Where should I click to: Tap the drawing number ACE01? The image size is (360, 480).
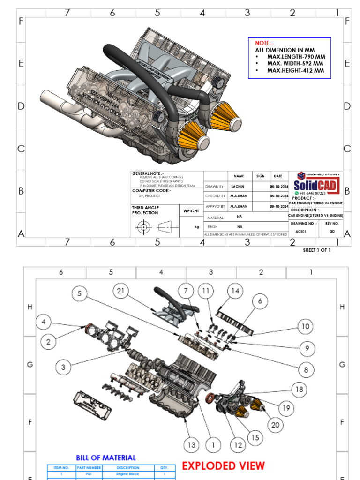tap(300, 231)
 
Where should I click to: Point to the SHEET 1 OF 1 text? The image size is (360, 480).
tap(316, 250)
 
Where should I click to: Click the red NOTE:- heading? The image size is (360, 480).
tap(264, 43)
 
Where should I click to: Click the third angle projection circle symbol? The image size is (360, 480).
tap(144, 227)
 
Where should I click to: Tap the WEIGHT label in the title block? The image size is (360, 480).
tap(191, 211)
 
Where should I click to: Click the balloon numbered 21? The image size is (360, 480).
tap(121, 291)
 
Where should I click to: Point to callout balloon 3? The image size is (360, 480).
tap(63, 366)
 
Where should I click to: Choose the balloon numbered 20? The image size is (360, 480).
tap(276, 425)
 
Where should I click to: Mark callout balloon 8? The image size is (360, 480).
tap(306, 370)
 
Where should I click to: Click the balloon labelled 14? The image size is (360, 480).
tap(235, 291)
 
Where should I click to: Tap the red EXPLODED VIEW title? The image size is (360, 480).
tap(223, 466)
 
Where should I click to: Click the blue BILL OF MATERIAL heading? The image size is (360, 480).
tap(106, 457)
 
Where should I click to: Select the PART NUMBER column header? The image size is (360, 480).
tap(89, 468)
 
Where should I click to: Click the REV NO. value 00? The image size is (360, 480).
tap(332, 231)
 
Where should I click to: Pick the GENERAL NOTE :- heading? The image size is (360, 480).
tap(144, 173)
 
